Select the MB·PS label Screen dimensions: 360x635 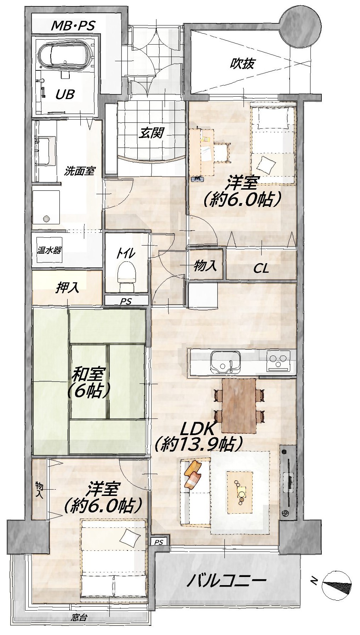[73, 25]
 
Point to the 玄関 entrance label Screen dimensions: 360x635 [151, 133]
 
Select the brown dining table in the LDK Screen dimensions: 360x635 [239, 406]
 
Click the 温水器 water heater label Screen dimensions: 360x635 [49, 250]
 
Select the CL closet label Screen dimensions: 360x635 [261, 269]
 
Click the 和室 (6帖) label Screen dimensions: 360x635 [88, 382]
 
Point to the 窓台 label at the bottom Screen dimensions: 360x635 [79, 618]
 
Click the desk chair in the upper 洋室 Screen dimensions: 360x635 [222, 152]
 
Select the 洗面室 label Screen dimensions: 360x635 [79, 171]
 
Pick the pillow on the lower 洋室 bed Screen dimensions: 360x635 [128, 538]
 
